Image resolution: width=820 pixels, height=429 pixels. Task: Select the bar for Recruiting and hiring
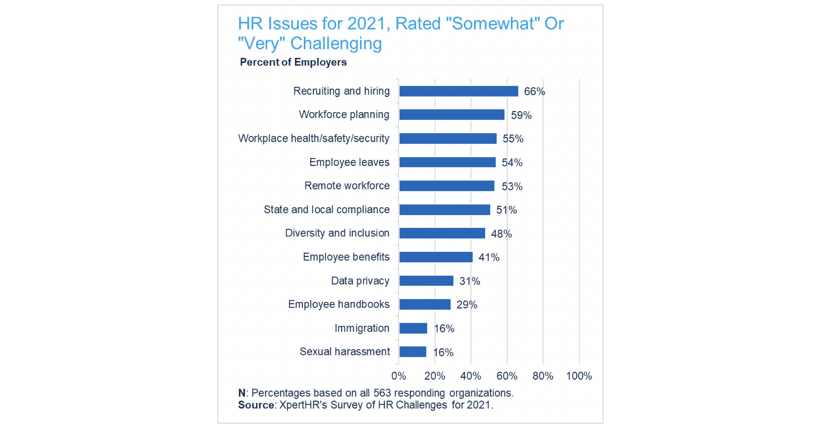tap(458, 91)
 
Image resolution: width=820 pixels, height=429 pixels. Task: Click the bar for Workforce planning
tap(451, 115)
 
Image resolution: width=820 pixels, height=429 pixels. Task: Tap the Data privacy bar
tap(426, 281)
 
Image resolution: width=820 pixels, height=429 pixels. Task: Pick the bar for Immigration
tap(413, 328)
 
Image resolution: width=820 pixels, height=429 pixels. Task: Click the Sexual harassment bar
tap(413, 352)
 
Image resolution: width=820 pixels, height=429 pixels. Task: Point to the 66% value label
tap(534, 92)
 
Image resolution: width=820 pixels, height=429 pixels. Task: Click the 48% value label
tap(501, 234)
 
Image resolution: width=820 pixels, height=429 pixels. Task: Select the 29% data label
tap(467, 305)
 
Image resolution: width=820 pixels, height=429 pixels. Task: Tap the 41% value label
tap(489, 258)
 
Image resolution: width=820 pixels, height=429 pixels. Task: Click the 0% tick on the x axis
tap(398, 376)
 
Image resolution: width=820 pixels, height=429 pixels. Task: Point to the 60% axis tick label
tap(507, 376)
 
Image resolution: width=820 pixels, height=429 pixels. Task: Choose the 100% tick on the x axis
tap(579, 376)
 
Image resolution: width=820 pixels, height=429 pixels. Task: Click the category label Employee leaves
tap(349, 163)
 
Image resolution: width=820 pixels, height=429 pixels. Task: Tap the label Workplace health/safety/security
tap(313, 139)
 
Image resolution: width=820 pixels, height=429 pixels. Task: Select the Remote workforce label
tap(347, 186)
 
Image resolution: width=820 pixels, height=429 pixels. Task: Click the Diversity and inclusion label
tap(337, 233)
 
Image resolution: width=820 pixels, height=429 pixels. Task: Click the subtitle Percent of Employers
tap(293, 62)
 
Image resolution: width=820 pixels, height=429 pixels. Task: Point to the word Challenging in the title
tap(336, 44)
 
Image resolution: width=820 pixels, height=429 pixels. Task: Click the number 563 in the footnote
tap(382, 393)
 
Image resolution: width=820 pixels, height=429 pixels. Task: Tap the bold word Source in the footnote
tap(256, 405)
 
